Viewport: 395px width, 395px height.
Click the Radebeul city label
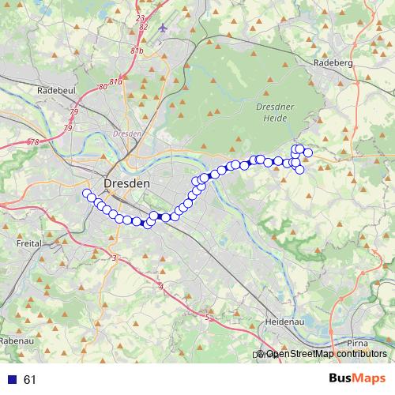55,91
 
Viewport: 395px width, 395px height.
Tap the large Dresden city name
126,182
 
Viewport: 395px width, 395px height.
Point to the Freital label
29,245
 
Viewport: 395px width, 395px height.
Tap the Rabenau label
16,340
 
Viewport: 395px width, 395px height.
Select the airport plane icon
164,28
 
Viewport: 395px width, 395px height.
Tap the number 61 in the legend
30,380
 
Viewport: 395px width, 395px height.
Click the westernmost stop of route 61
86,193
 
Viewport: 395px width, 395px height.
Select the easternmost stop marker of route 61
308,152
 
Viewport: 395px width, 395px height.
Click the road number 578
32,142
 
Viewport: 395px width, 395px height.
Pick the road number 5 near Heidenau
207,318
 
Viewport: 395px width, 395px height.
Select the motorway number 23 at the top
141,17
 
